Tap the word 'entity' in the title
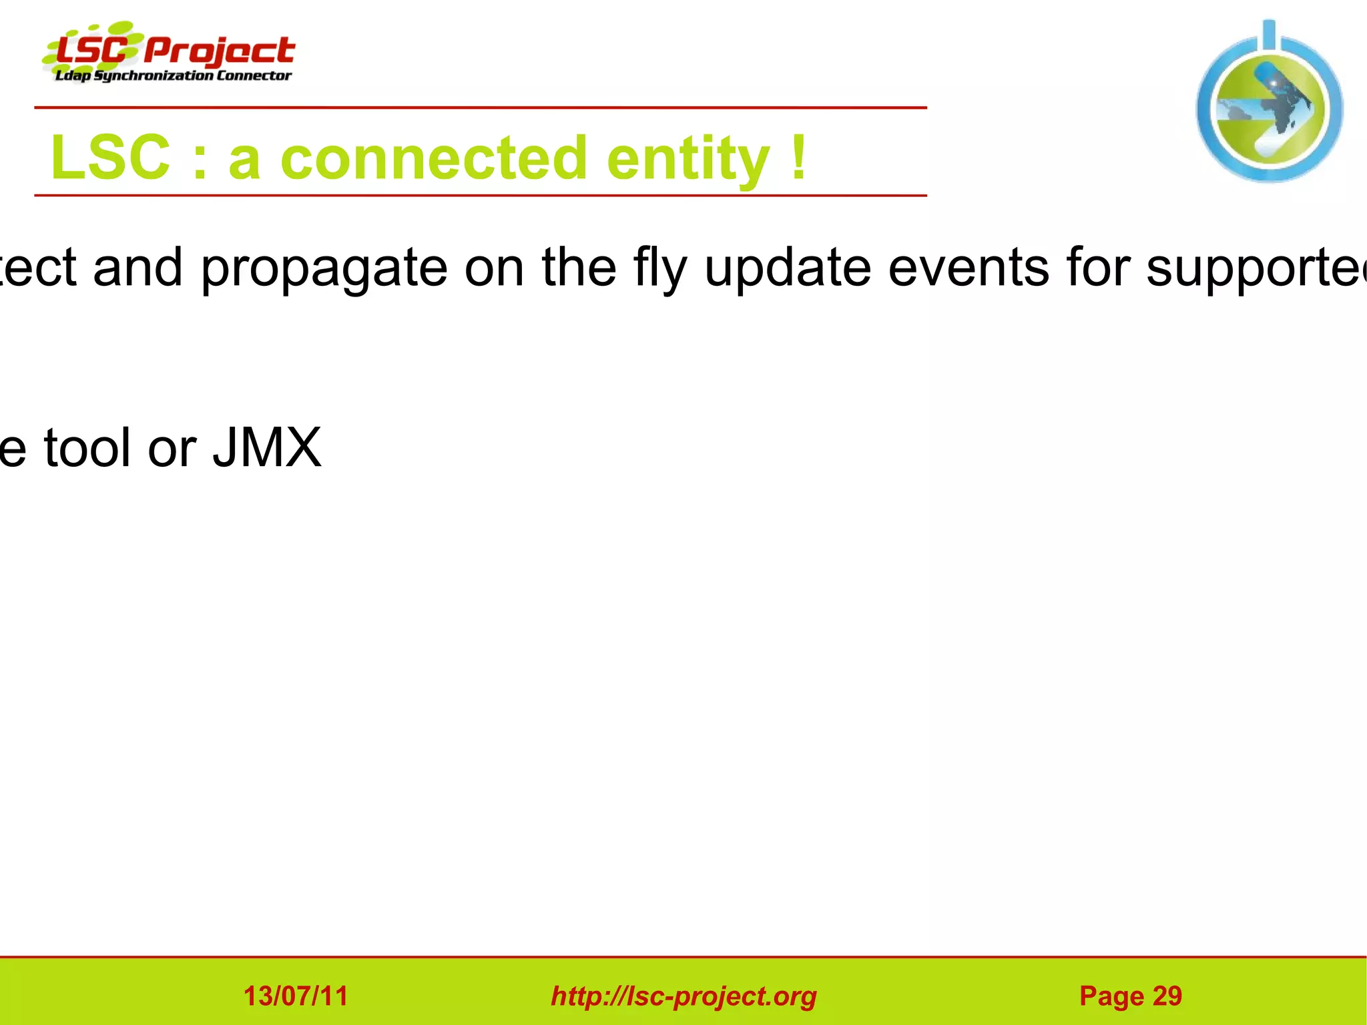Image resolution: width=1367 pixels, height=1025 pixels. pos(688,158)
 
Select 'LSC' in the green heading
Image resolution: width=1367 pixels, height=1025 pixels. pos(110,158)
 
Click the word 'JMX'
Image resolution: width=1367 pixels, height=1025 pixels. pos(267,448)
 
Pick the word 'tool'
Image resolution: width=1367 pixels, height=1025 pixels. pos(87,448)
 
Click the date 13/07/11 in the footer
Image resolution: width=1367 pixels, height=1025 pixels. pos(296,996)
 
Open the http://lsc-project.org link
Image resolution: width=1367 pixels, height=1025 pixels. pos(683,996)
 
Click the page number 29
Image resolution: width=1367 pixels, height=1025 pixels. pos(1167,996)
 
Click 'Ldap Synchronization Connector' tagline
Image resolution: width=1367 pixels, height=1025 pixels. pos(173,75)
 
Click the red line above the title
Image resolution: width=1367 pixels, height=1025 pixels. pos(481,108)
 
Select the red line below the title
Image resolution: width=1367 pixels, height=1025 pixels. pos(481,196)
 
